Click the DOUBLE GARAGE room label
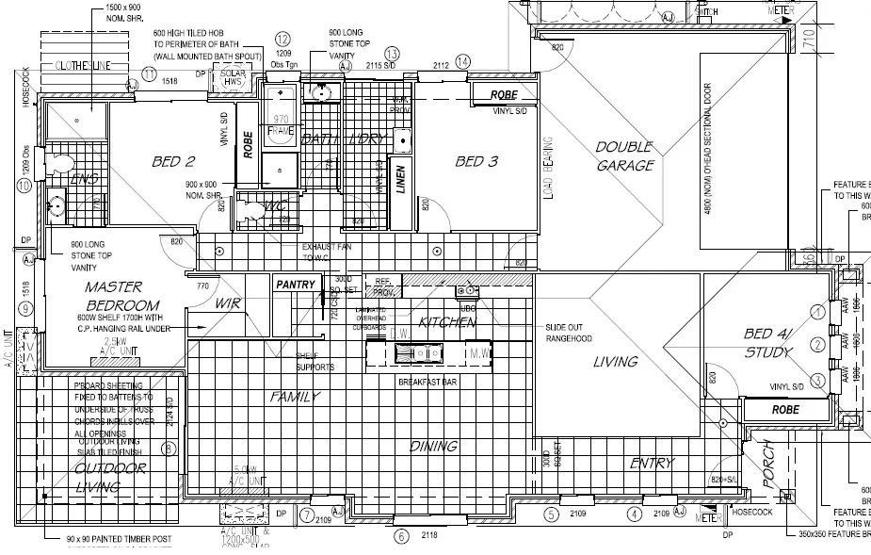pos(623,155)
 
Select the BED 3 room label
pos(476,162)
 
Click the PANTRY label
pos(295,283)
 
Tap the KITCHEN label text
pos(447,322)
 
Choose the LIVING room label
pos(615,361)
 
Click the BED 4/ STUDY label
pos(768,343)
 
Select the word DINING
pos(433,446)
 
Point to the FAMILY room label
pos(296,397)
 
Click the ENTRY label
pos(652,463)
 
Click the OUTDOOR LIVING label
pos(98,477)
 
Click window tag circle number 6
pos(402,537)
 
